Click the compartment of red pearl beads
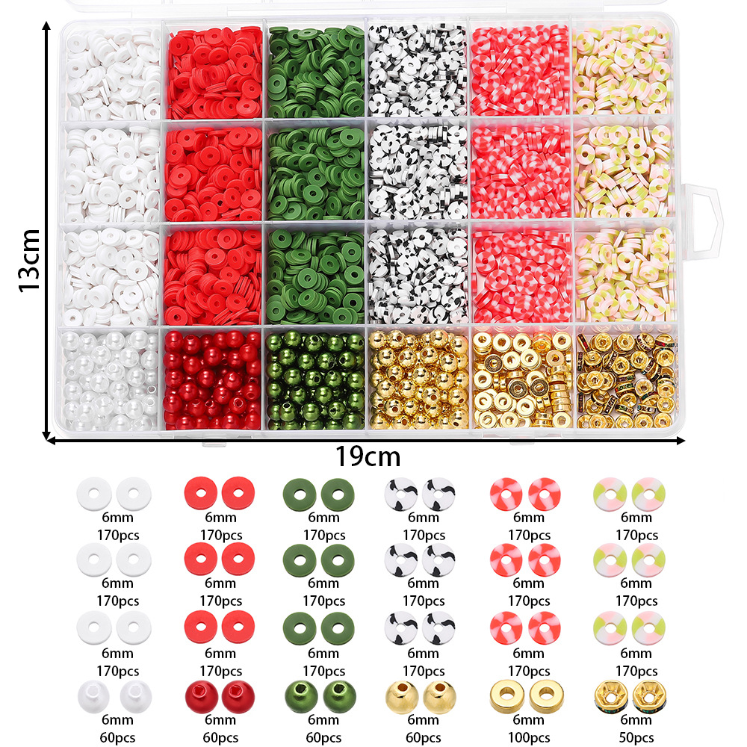pos(212,379)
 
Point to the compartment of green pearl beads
pos(314,379)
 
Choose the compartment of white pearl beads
pos(109,379)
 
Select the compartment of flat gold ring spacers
pos(521,379)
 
